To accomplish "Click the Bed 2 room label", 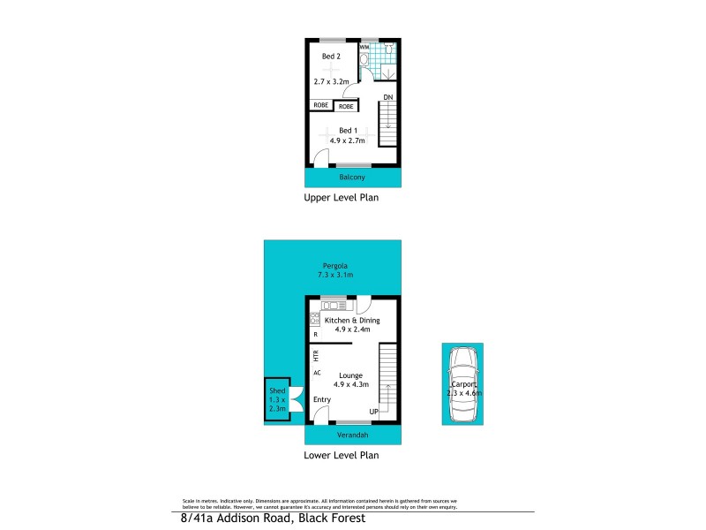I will tap(331, 57).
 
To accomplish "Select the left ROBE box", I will tap(319, 105).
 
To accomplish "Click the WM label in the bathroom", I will tap(364, 47).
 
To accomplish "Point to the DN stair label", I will tap(387, 96).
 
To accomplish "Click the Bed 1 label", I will tap(349, 130).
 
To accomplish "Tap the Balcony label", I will tap(351, 177).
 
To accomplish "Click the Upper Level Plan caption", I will tap(341, 199).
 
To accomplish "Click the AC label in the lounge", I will tap(315, 373).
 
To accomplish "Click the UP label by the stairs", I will tap(373, 411).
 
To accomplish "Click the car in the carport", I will tap(462, 386).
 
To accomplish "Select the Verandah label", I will tap(351, 436).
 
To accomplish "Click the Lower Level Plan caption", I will tap(341, 457).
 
